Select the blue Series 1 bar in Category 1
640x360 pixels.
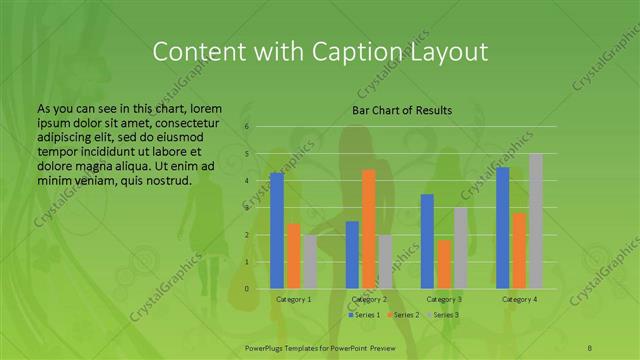tap(277, 231)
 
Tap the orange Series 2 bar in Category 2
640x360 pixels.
tap(368, 229)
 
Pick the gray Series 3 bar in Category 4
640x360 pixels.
tap(536, 221)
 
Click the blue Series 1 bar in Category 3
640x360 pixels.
tap(427, 241)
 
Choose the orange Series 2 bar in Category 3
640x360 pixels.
tap(444, 264)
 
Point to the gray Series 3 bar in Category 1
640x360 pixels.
tap(309, 262)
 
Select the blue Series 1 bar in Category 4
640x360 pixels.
tap(503, 228)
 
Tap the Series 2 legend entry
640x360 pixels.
tap(402, 315)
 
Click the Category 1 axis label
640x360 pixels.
tap(293, 299)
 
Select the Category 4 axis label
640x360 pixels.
tap(519, 299)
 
